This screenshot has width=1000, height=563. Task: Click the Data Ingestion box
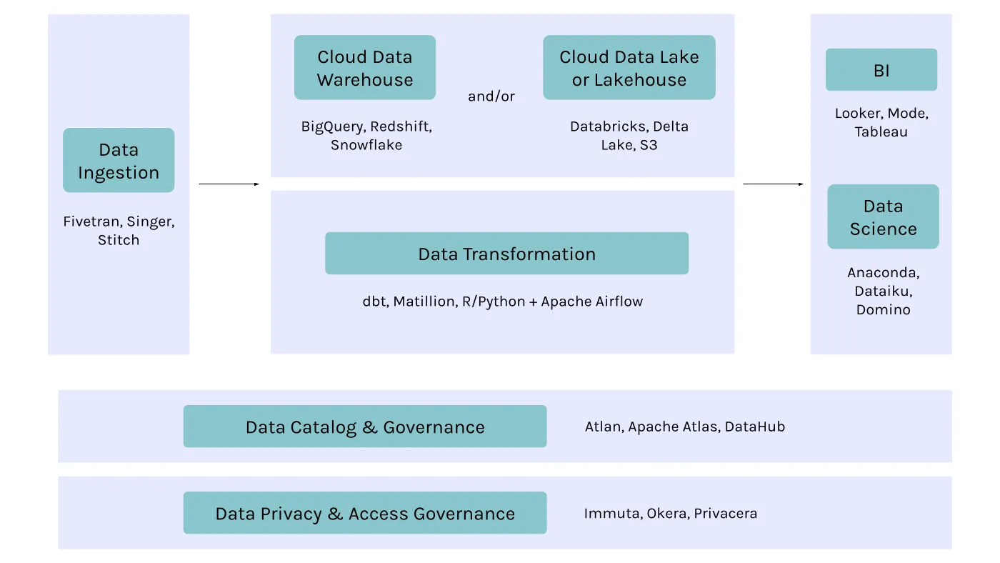tap(119, 160)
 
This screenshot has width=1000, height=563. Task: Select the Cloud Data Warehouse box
tap(365, 67)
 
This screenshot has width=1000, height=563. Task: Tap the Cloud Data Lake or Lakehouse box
tap(629, 67)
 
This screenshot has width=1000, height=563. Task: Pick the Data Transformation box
tap(506, 253)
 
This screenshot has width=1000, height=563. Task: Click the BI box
tap(881, 70)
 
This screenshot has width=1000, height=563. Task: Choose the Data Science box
tap(883, 216)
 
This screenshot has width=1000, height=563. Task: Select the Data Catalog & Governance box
tap(364, 427)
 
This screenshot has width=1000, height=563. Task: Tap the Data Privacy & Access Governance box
tap(364, 513)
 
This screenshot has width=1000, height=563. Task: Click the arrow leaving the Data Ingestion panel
tap(229, 184)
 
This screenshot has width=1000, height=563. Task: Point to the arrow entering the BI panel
tap(773, 184)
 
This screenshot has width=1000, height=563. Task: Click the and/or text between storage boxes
tap(491, 96)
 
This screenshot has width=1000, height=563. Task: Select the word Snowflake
tap(366, 145)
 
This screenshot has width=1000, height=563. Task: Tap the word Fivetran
tap(91, 221)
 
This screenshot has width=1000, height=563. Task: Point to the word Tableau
tap(881, 132)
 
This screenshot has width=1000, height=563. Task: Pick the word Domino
tap(883, 310)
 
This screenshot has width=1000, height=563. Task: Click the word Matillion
tap(424, 302)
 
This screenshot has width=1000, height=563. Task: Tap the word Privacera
tap(725, 513)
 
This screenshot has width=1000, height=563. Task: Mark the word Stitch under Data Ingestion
tap(119, 240)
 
